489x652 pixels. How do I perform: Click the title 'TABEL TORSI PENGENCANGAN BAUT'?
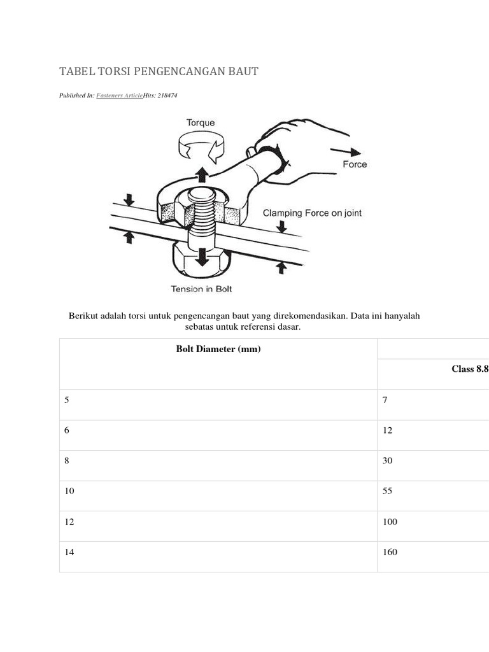(x=159, y=71)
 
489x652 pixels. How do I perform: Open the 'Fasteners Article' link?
(x=119, y=95)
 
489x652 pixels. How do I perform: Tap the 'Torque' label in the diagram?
(x=201, y=122)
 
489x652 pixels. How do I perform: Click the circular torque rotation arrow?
(x=201, y=148)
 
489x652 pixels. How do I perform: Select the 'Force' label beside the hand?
(x=355, y=164)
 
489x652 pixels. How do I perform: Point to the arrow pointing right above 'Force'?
(x=346, y=152)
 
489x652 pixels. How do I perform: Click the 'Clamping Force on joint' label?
(x=312, y=213)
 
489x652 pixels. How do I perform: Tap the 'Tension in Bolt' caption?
(x=201, y=289)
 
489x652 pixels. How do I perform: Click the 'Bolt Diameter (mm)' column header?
(x=218, y=348)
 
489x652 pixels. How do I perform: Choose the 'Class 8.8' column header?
(x=470, y=369)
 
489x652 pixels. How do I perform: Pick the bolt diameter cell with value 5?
(x=67, y=400)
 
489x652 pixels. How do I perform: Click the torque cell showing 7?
(x=385, y=400)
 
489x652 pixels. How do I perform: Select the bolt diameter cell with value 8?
(x=67, y=460)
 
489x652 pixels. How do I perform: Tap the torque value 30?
(x=387, y=460)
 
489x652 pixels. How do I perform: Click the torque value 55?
(x=387, y=491)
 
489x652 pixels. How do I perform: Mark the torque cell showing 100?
(x=390, y=521)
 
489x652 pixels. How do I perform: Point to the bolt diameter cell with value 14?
(x=69, y=552)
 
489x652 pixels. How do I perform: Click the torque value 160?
(x=390, y=552)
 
